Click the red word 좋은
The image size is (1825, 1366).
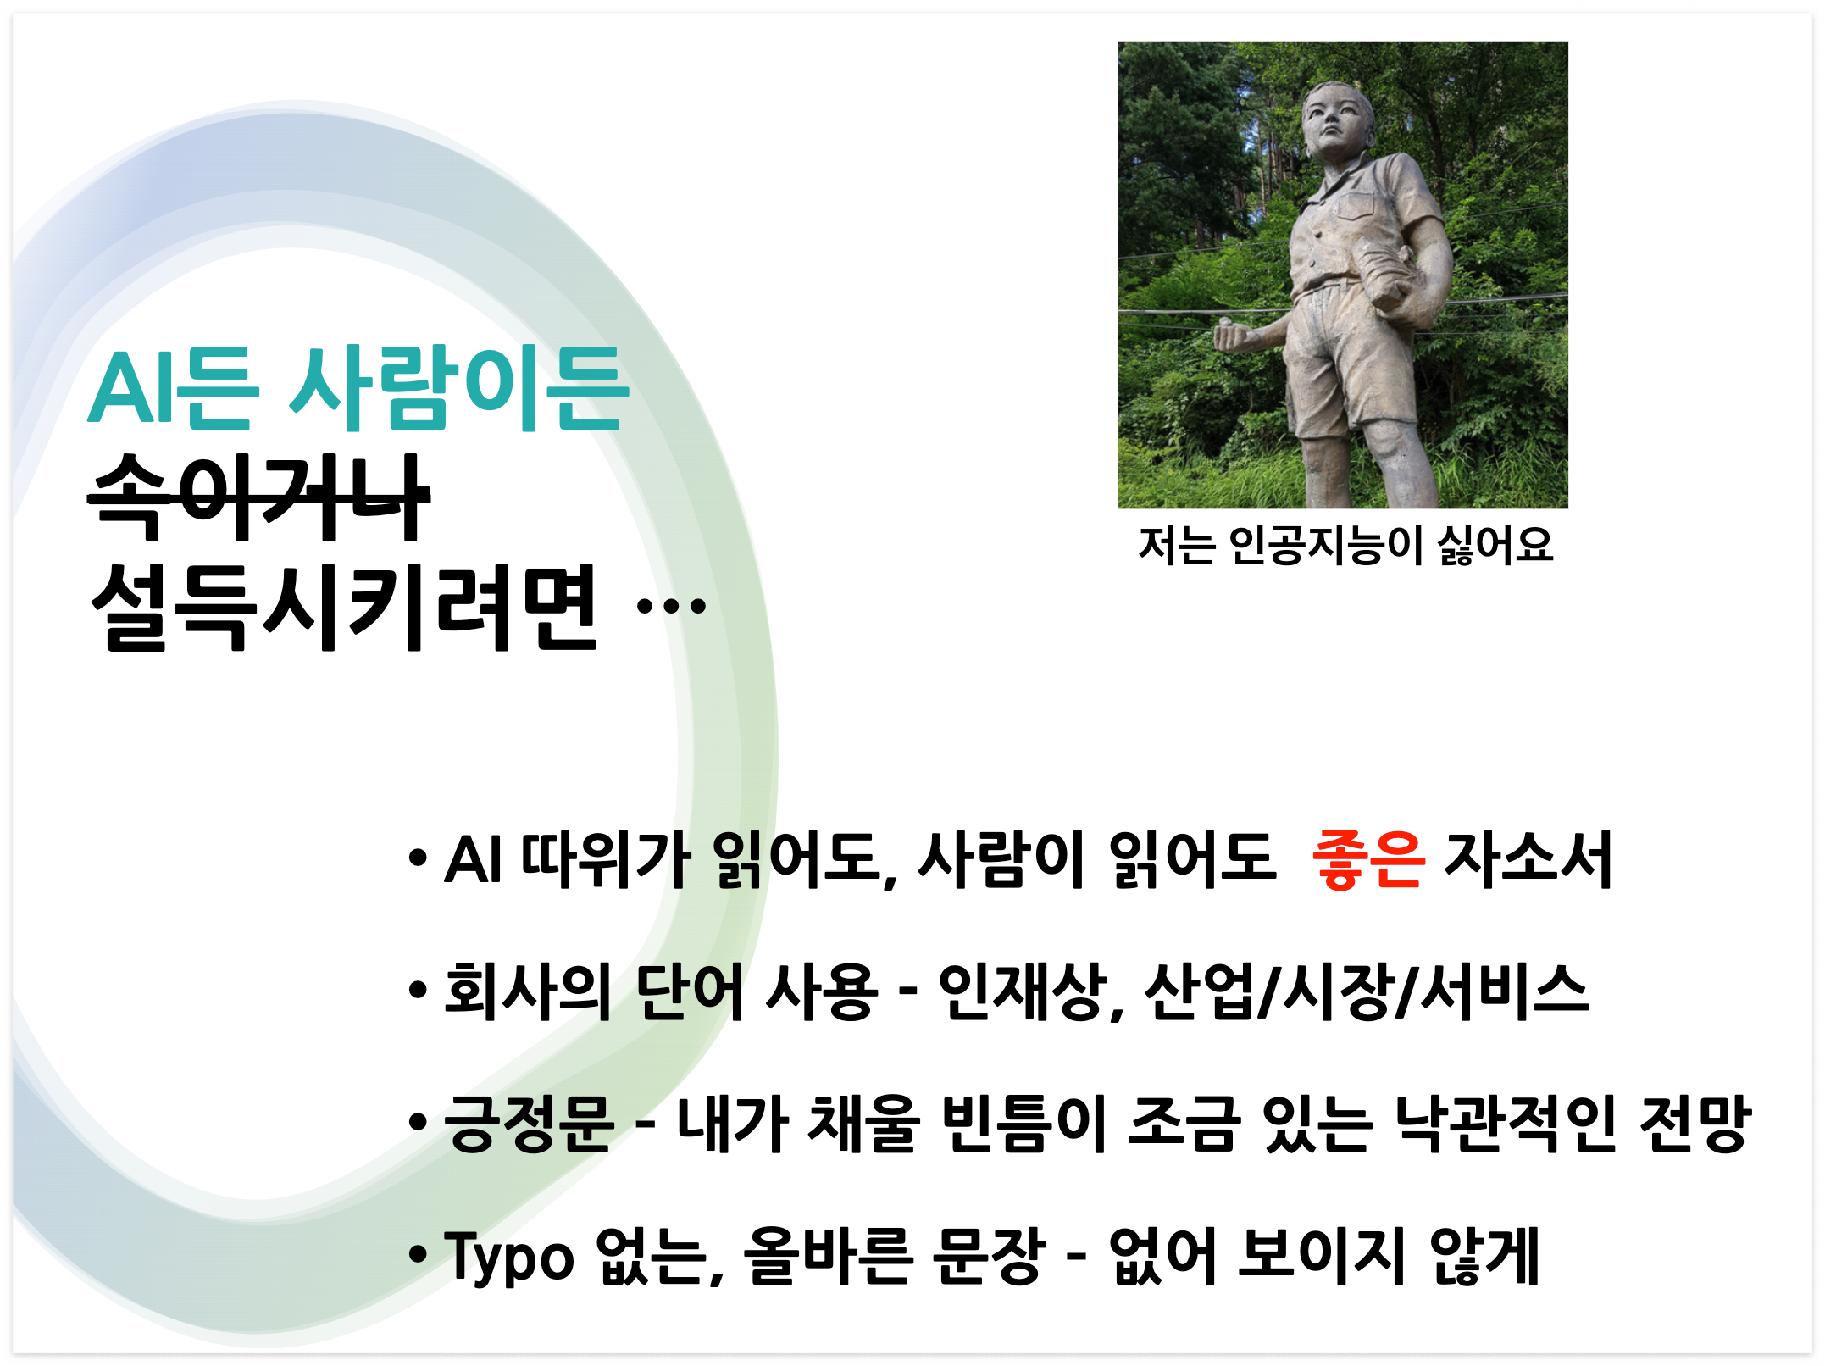pyautogui.click(x=1368, y=860)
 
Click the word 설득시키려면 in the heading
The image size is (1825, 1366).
pyautogui.click(x=344, y=607)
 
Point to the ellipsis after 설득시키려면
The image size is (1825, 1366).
pyautogui.click(x=671, y=606)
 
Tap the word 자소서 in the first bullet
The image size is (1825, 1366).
pyautogui.click(x=1528, y=860)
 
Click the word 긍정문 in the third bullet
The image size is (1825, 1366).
pyautogui.click(x=529, y=1124)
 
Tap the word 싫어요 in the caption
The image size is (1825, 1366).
pyautogui.click(x=1495, y=545)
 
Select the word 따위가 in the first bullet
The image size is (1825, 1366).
pyautogui.click(x=606, y=860)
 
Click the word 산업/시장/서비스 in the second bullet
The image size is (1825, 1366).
pyautogui.click(x=1367, y=991)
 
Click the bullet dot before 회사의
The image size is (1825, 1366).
pyautogui.click(x=417, y=989)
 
